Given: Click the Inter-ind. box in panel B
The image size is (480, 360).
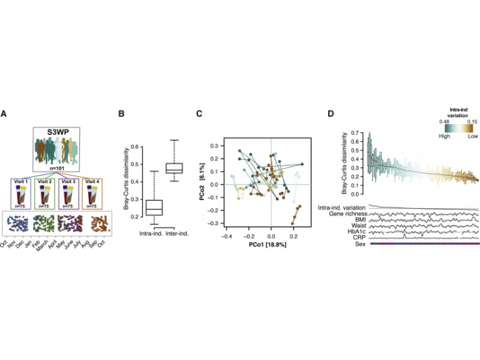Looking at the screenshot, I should [x=175, y=167].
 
